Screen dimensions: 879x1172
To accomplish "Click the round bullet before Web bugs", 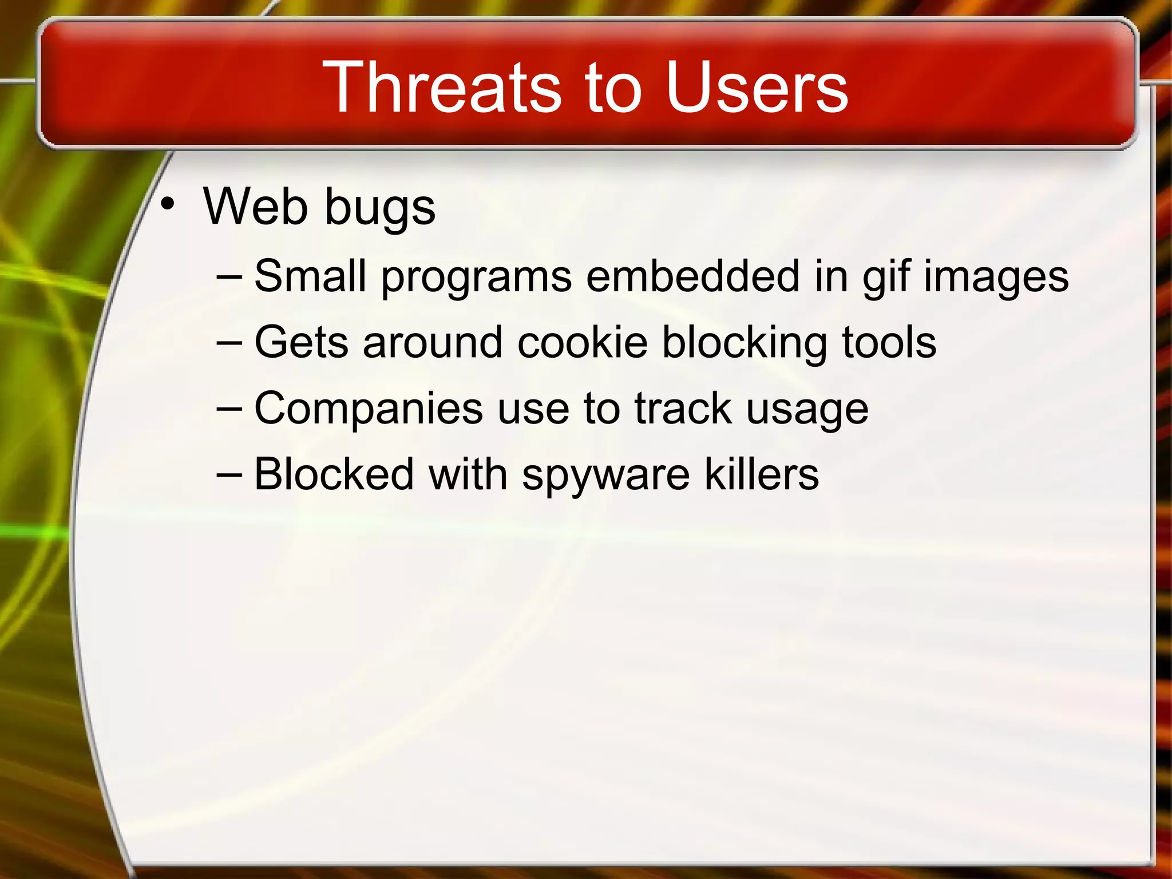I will tap(167, 204).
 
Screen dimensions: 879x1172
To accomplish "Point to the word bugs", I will tap(380, 209).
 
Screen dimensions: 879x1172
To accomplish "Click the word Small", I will tap(310, 276).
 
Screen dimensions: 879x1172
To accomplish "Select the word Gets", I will tap(301, 342).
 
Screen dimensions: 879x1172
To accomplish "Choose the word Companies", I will tap(369, 409).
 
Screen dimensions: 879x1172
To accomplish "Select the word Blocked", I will tap(334, 474).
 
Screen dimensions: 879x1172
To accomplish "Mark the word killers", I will tap(761, 474).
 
